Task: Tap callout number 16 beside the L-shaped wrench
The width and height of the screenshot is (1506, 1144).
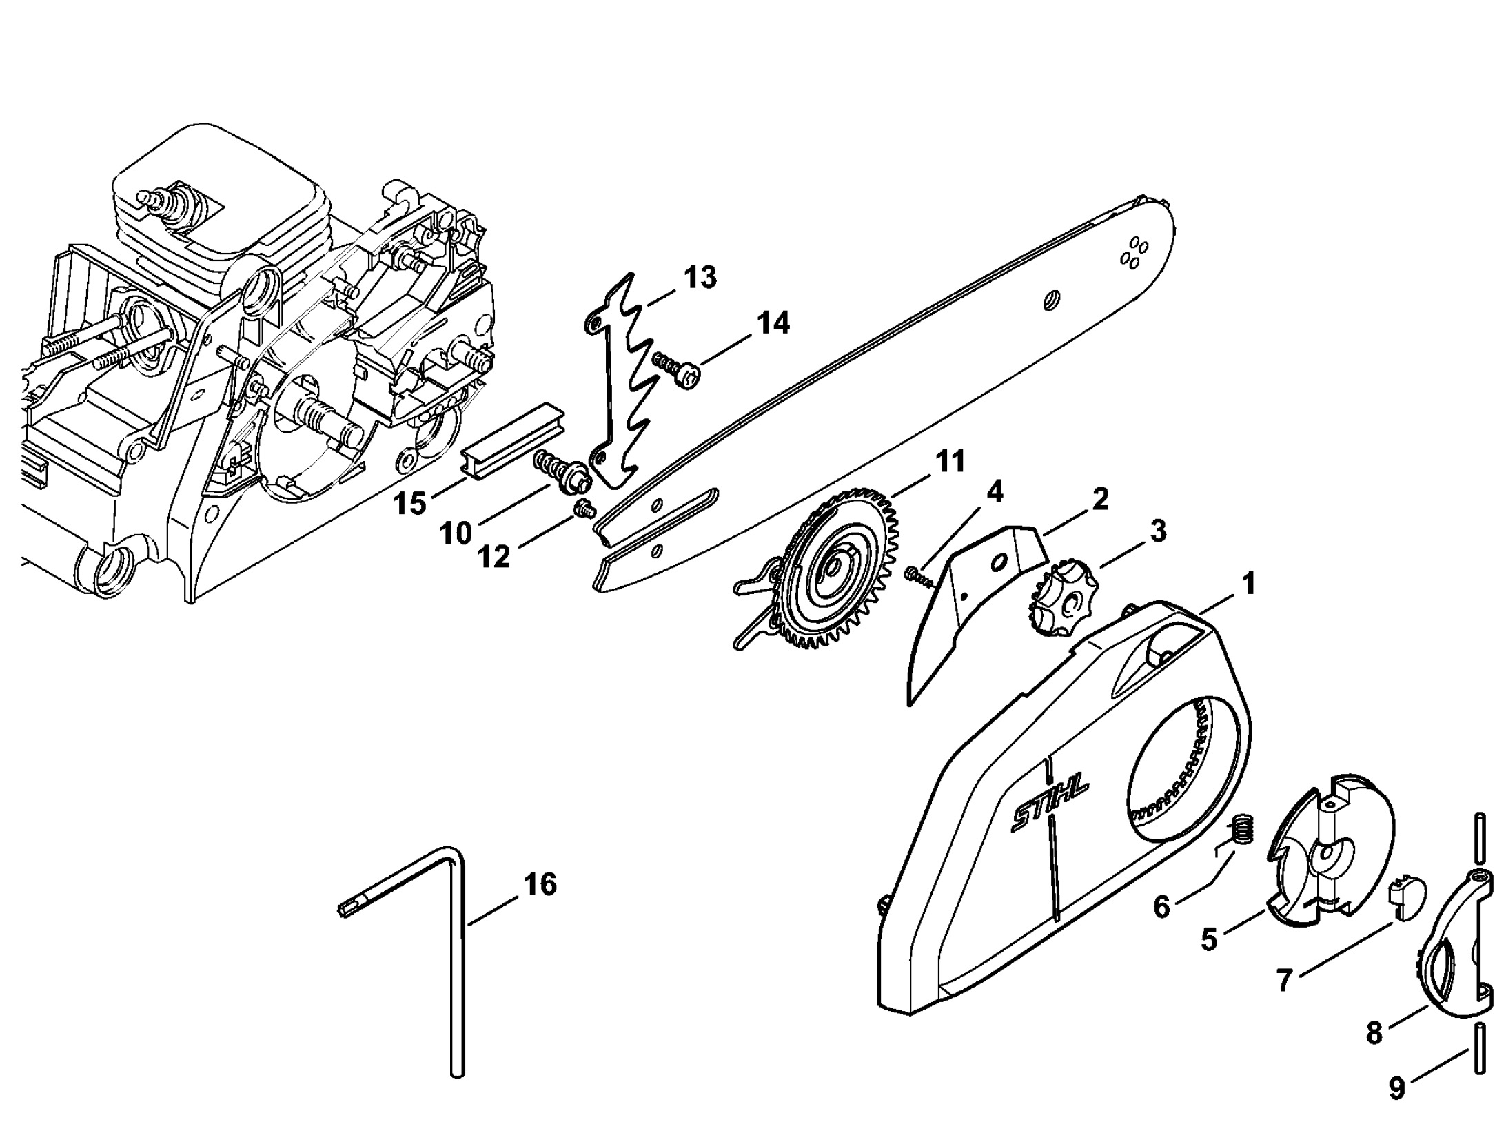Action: [x=540, y=884]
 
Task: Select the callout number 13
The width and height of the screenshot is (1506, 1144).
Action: [x=700, y=277]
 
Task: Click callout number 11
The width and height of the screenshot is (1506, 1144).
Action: [x=950, y=461]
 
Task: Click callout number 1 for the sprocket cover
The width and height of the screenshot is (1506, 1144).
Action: [x=1248, y=585]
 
